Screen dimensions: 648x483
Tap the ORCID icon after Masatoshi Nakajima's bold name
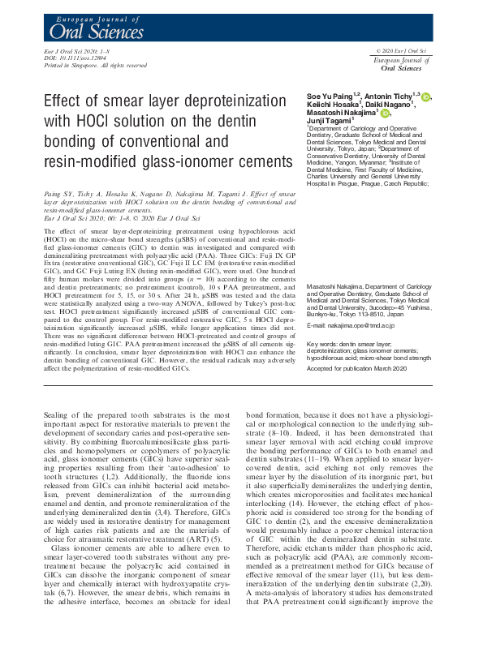pyautogui.click(x=386, y=113)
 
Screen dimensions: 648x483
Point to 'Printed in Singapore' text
pyautogui.click(x=67, y=65)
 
